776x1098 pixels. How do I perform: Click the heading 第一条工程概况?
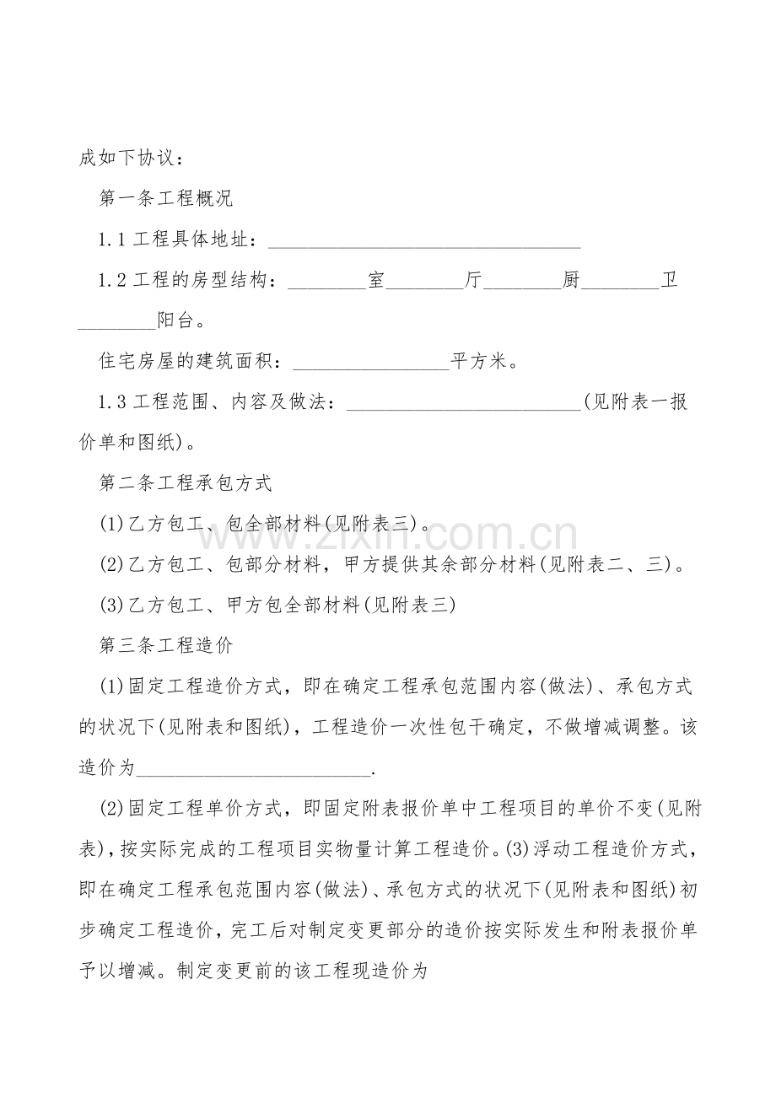[166, 199]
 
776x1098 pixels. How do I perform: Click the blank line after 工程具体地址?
[424, 242]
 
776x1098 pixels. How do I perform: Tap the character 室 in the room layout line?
[375, 281]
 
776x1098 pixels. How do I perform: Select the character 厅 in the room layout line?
[473, 281]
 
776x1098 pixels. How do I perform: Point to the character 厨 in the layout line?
[571, 281]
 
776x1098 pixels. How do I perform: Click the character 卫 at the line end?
[669, 281]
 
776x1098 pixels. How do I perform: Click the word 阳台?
[176, 321]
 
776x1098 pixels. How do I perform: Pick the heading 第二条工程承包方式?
[186, 483]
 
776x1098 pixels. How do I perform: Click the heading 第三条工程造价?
[166, 645]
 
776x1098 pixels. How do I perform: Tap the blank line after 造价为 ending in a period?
[253, 768]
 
